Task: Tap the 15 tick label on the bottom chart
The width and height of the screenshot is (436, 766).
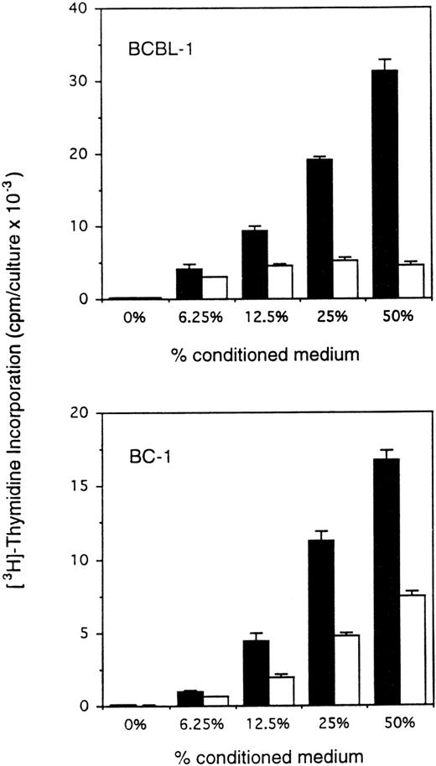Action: click(75, 487)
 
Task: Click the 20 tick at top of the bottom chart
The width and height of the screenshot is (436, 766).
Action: click(75, 414)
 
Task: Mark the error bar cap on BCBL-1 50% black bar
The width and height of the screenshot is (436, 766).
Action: click(385, 60)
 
